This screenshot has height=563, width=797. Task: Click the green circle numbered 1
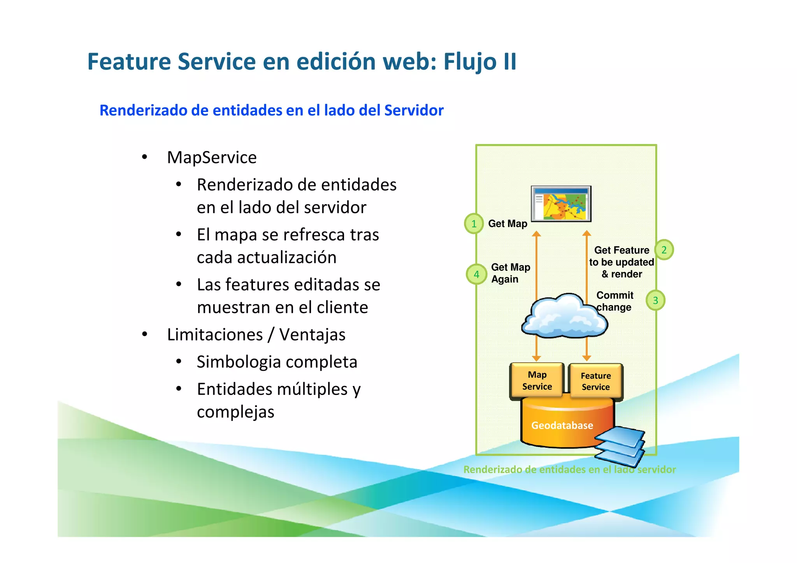pos(474,224)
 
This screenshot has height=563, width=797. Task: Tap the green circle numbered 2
pos(664,250)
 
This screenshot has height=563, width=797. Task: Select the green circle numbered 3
pos(655,300)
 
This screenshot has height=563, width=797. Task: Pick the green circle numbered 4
pos(476,274)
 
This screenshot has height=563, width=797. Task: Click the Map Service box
pos(537,381)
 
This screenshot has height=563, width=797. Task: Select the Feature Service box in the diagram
pos(595,381)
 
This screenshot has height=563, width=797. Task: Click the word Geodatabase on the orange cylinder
pos(562,425)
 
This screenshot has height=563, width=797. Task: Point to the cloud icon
pos(564,316)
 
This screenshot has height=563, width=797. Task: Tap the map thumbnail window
pos(561,204)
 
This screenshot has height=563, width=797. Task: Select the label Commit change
pos(614,301)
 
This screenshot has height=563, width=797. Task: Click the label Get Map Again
pos(510,273)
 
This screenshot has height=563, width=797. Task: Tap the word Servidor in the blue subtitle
pos(414,110)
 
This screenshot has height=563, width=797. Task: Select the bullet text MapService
pos(212,158)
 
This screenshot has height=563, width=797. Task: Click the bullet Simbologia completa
pos(277,362)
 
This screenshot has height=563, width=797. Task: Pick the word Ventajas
pos(312,335)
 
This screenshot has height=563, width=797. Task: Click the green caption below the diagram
pos(569,470)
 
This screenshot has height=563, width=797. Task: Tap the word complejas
pos(235,412)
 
